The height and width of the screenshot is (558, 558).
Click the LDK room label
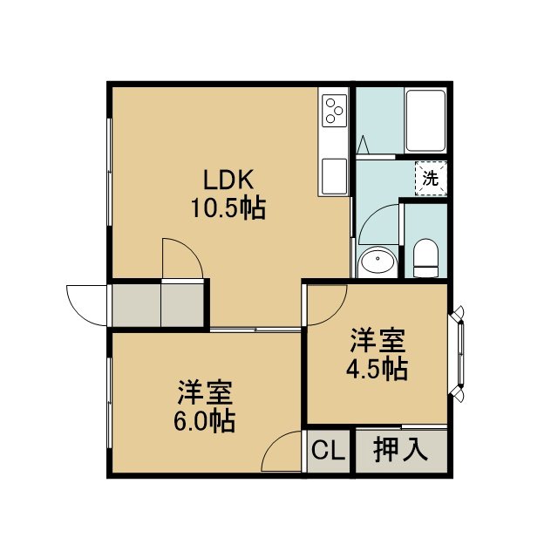pos(228,180)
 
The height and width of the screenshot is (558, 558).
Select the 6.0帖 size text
pos(204,421)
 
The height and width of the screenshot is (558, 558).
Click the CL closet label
pos(329,451)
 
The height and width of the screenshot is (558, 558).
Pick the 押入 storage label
pos(401,450)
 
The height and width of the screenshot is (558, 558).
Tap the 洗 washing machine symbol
pos(431,178)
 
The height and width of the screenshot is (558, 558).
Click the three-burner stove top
pos(334,111)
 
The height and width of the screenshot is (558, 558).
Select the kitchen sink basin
pos(334,176)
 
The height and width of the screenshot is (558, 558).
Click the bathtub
pos(425,121)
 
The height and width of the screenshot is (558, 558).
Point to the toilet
pos(425,258)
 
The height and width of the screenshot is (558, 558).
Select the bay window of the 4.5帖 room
pos(459,355)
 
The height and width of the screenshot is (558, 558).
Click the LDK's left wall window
pos(109,172)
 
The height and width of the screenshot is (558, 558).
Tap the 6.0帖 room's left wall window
pos(109,403)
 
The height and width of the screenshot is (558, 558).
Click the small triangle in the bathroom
pos(364,145)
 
